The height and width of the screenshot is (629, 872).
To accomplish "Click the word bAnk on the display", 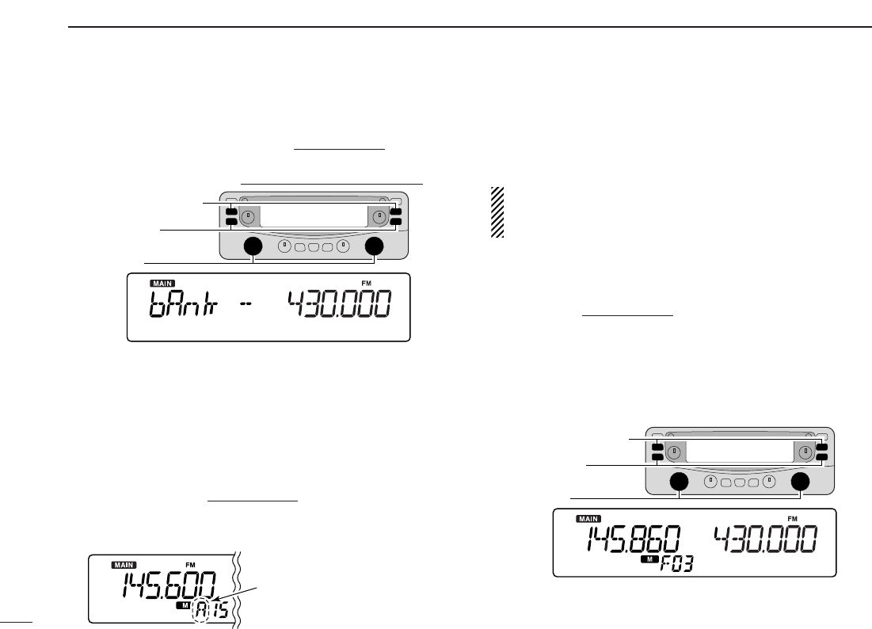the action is [184, 305].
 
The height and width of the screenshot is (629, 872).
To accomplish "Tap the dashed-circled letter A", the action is [200, 611].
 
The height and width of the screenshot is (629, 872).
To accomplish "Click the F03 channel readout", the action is [676, 565].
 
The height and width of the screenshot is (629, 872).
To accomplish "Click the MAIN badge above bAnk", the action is [162, 284].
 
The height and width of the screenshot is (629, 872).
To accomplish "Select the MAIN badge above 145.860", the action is [588, 519].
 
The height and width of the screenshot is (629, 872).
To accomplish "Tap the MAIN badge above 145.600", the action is [124, 565].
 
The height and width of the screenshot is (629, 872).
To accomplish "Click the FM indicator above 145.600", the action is [190, 565].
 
